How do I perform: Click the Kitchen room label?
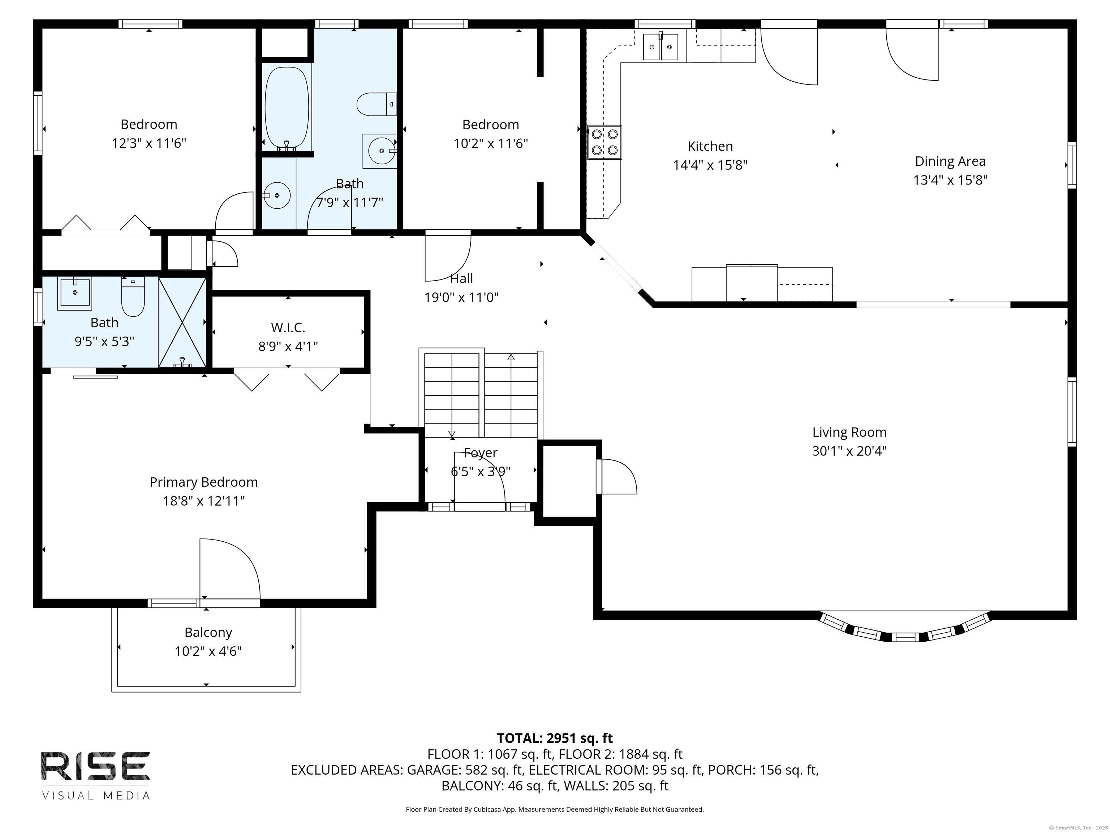(710, 147)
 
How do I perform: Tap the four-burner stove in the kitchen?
(605, 142)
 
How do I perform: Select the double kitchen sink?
(661, 47)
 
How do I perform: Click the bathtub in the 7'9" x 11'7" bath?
(287, 108)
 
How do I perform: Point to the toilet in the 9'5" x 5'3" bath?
(133, 296)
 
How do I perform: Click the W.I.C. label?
(288, 328)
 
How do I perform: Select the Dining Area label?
(950, 161)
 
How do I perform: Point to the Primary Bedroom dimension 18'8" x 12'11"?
(204, 501)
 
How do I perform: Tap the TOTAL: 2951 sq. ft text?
(555, 738)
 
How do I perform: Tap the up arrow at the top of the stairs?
(511, 357)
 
